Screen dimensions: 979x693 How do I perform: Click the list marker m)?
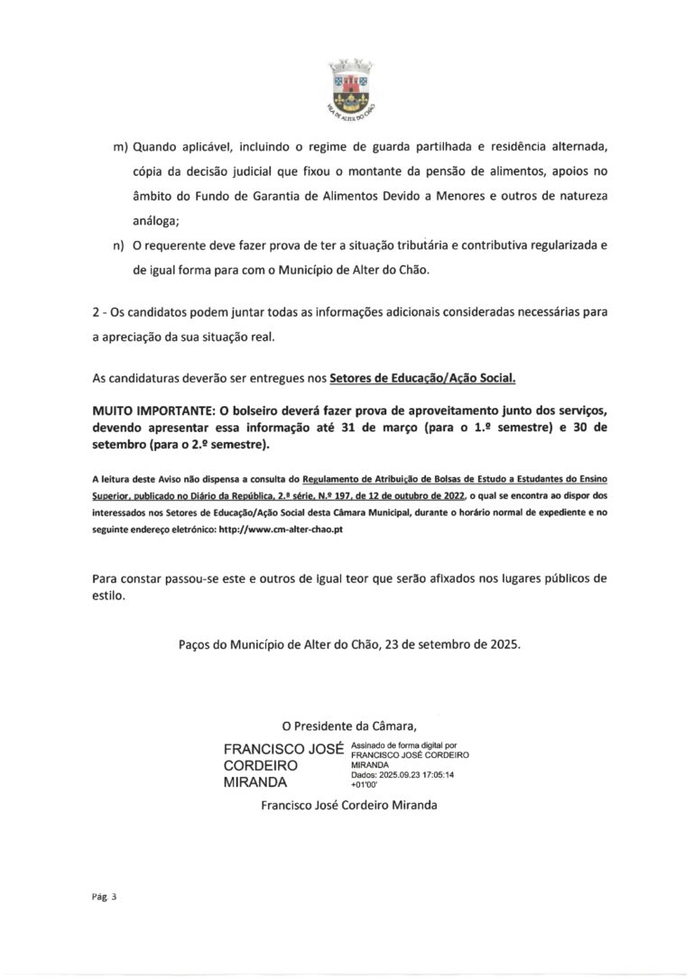click(x=119, y=148)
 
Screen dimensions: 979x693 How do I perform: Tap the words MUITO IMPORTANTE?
click(x=148, y=410)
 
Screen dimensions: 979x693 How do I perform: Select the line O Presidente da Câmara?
click(x=349, y=725)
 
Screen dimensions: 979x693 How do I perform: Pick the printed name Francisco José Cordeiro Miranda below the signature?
click(x=348, y=805)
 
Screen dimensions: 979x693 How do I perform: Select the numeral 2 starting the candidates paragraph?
click(x=96, y=312)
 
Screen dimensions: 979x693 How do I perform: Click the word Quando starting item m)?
click(x=155, y=148)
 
